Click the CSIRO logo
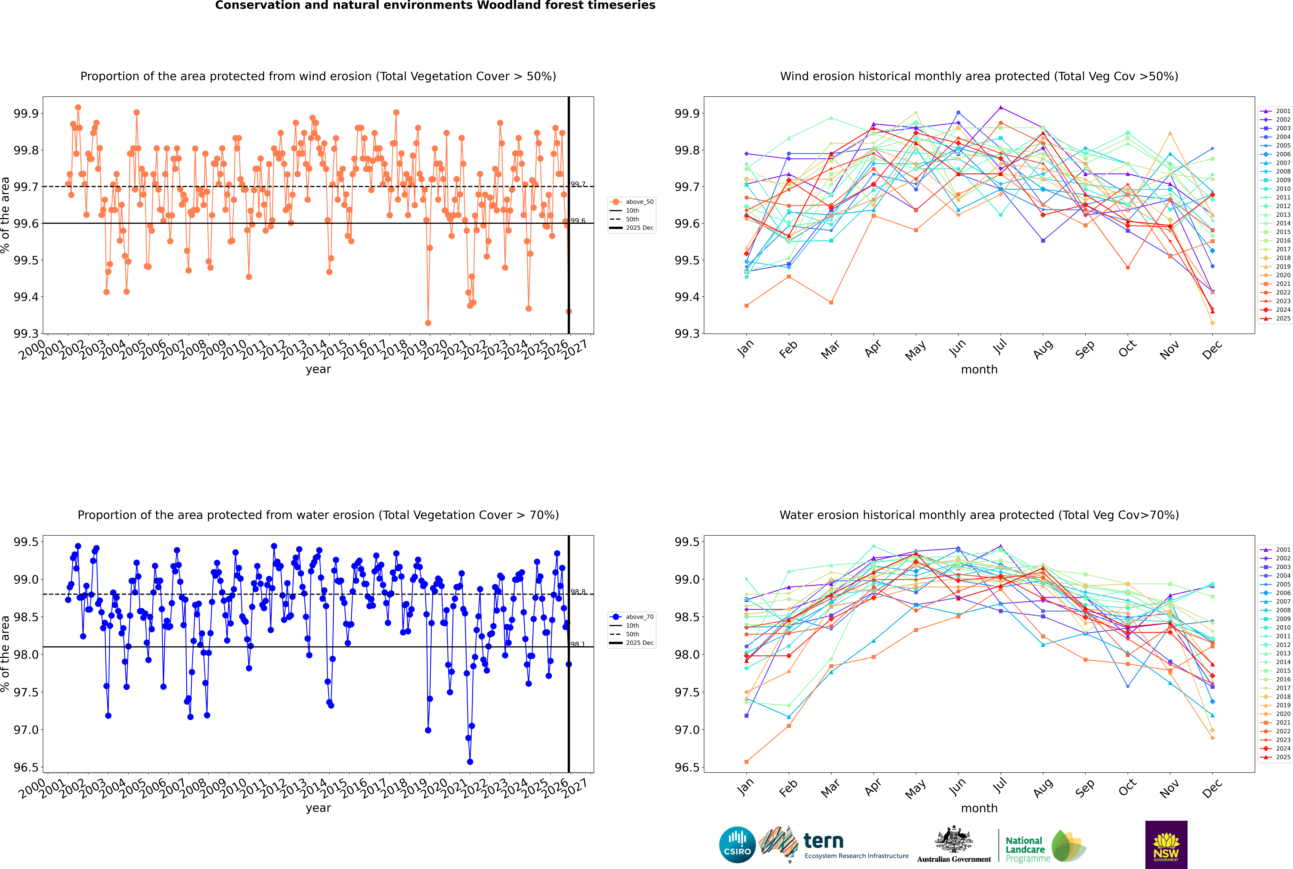tap(737, 845)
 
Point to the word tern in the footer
tap(824, 841)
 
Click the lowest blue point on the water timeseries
tap(470, 761)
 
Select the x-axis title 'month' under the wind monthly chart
tap(979, 370)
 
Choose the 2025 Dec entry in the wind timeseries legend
tap(639, 228)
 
